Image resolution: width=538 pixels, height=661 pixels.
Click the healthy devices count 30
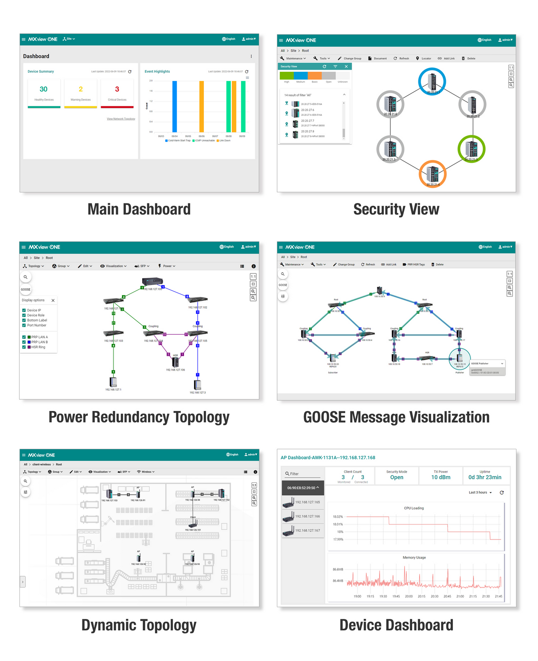point(43,89)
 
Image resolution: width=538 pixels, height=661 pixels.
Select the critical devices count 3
point(117,89)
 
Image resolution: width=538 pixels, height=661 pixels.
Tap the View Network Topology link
point(121,119)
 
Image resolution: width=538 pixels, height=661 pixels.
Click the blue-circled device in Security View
point(432,82)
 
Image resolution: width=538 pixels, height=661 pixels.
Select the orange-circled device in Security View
point(433,174)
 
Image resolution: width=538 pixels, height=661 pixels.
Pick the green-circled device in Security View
point(472,149)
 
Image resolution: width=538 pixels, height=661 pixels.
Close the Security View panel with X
point(346,66)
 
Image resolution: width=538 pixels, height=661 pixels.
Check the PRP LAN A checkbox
point(24,337)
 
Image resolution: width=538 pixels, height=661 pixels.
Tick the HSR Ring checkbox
point(24,347)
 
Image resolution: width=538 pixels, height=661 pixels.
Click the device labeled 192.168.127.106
point(175,362)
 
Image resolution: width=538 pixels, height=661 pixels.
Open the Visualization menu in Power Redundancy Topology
point(113,266)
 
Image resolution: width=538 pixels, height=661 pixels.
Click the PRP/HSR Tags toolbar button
point(413,265)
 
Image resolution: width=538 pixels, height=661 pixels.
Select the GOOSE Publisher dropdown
point(487,364)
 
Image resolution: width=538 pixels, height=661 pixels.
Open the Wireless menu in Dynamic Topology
point(146,472)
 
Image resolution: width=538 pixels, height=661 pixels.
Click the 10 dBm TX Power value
point(441,477)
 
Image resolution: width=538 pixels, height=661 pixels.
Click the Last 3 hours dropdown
point(480,493)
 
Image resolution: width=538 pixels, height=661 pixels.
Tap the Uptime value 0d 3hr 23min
point(485,477)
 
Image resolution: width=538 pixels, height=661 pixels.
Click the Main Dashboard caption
point(139,209)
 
